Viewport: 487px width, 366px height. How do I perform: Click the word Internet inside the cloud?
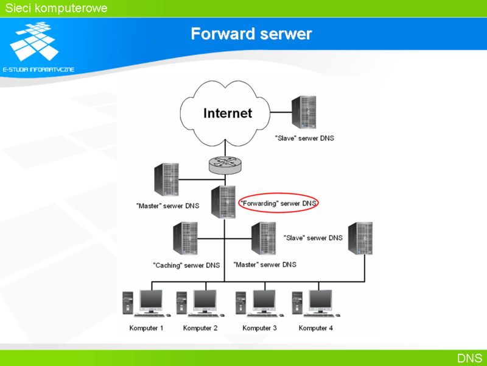pos(228,113)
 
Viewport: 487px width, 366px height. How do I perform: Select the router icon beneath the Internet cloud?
pos(225,165)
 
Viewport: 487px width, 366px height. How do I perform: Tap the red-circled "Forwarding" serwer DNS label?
pos(279,203)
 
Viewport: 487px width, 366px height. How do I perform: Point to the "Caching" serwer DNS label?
pos(186,265)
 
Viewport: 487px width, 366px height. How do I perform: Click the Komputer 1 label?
pos(146,328)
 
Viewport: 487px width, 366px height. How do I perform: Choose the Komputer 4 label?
pos(315,328)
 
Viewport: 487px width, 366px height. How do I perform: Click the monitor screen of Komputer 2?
pos(205,299)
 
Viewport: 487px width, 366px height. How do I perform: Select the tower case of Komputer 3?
pos(240,303)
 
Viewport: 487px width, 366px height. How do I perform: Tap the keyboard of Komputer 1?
pos(149,315)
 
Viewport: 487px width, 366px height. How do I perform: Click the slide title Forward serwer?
pos(251,34)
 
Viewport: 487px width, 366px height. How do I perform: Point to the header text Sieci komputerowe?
pos(56,8)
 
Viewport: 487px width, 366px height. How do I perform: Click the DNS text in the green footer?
pos(469,358)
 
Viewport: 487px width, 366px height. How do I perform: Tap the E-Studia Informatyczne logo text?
pos(38,70)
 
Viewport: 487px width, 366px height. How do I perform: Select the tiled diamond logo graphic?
pos(34,40)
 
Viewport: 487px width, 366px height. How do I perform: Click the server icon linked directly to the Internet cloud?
pos(304,112)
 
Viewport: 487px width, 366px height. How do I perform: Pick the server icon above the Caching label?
pos(186,239)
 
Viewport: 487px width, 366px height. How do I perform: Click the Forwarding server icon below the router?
pos(223,202)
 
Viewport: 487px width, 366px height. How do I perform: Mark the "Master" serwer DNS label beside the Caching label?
pos(265,265)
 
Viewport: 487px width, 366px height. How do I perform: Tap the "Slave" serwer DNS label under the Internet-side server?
pos(304,138)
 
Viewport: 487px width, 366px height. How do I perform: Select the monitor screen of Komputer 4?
pos(321,299)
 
